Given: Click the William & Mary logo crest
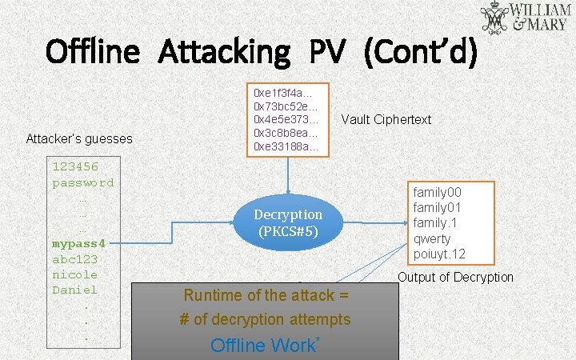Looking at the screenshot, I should click(x=494, y=20).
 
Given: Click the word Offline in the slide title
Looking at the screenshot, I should click(x=93, y=52).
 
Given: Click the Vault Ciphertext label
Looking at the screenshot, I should click(x=386, y=119).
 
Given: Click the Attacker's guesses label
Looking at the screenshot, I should click(x=79, y=138).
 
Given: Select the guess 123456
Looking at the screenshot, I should click(x=75, y=167).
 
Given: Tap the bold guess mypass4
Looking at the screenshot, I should click(x=78, y=243).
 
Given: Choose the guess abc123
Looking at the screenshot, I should click(x=74, y=259).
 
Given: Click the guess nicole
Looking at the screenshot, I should click(x=74, y=274).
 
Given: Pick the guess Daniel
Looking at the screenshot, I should click(x=74, y=290).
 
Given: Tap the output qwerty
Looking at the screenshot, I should click(x=432, y=238).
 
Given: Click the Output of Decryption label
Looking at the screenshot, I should click(x=455, y=277).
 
